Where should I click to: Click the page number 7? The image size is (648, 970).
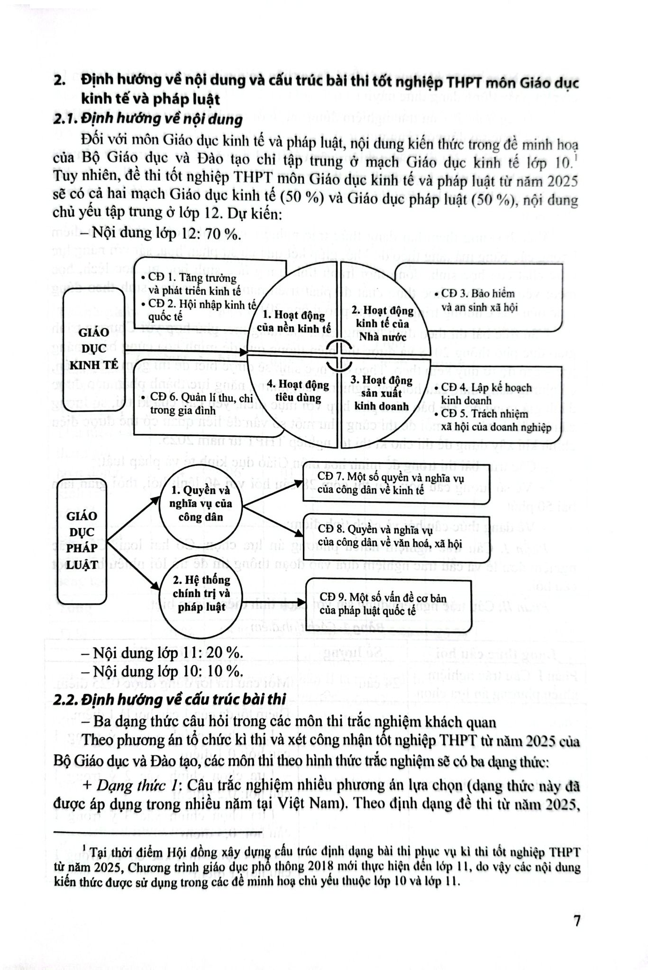(576, 921)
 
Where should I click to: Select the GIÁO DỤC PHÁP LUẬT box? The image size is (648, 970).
(82, 540)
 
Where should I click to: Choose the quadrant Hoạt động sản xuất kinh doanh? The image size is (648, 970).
(381, 393)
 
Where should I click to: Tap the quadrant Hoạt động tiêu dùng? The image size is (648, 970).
(294, 391)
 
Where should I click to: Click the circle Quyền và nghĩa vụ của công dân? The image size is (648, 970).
(201, 503)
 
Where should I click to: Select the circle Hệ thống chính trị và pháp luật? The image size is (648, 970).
(201, 593)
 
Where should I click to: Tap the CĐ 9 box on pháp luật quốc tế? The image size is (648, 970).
(389, 604)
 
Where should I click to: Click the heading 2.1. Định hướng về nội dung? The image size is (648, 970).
(147, 119)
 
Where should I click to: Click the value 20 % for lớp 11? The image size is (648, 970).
(224, 653)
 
